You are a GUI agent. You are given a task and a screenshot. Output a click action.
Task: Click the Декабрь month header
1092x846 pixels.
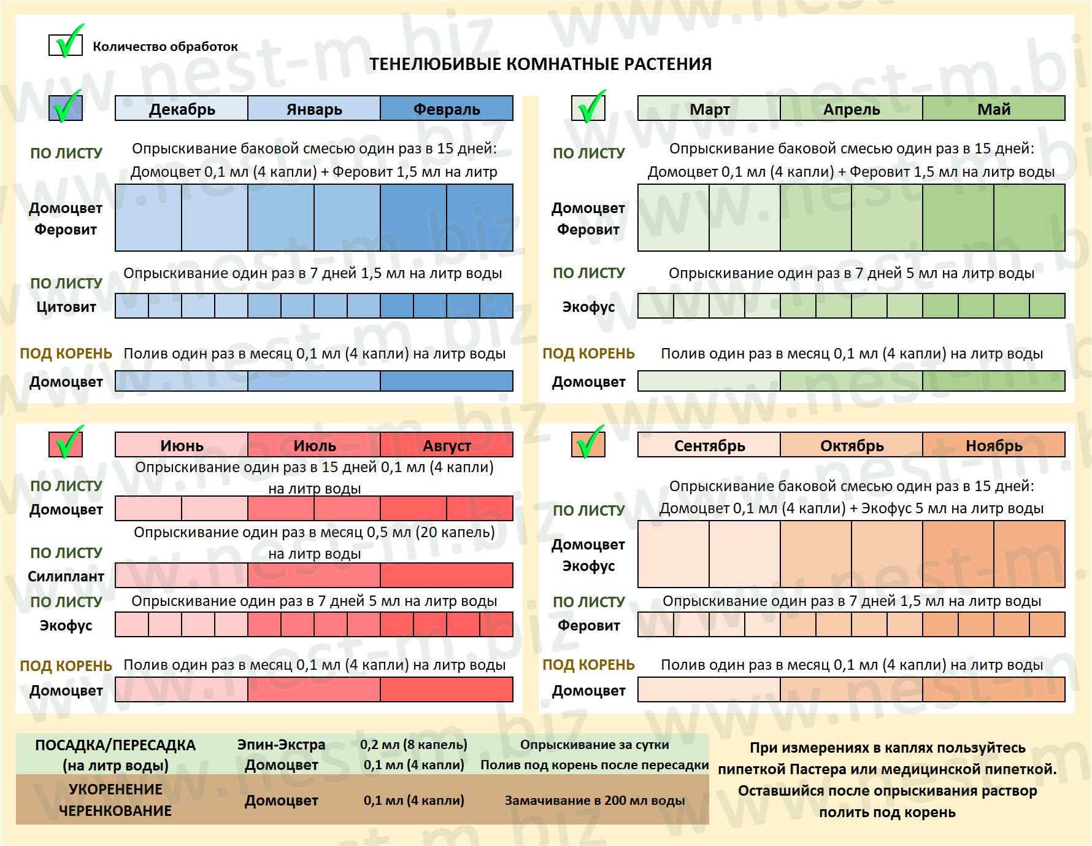(x=182, y=109)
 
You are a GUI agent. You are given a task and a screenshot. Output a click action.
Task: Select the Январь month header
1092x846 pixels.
(x=314, y=109)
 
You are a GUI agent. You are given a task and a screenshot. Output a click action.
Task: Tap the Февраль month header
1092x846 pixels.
(x=447, y=109)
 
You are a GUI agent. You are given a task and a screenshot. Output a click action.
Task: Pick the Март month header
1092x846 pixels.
(x=709, y=109)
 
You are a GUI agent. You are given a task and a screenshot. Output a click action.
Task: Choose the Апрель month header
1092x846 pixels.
(x=852, y=109)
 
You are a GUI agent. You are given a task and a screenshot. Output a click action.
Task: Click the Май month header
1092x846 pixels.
(x=994, y=109)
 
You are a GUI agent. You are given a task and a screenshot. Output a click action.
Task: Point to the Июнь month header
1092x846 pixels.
(x=182, y=444)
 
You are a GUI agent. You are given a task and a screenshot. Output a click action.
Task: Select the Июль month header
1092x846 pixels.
(x=314, y=444)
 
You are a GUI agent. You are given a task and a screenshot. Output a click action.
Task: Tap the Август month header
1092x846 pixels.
(x=447, y=444)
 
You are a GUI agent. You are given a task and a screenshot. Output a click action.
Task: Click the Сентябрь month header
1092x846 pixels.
(x=709, y=444)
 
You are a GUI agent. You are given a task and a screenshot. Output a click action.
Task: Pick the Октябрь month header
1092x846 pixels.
(x=852, y=444)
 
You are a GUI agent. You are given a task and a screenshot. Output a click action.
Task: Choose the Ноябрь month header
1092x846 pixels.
(x=994, y=444)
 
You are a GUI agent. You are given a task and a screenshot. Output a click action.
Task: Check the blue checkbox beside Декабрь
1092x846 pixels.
(x=66, y=107)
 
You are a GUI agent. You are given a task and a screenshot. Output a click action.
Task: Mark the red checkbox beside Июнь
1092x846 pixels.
(x=66, y=443)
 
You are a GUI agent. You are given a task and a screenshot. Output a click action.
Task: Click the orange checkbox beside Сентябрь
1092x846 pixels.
(x=588, y=443)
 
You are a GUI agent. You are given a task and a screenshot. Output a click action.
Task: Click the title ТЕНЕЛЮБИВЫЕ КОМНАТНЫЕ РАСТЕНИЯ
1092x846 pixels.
(x=540, y=64)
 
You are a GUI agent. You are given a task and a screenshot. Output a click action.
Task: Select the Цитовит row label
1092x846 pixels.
(x=66, y=306)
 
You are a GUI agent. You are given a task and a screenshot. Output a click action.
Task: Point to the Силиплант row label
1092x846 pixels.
(x=66, y=576)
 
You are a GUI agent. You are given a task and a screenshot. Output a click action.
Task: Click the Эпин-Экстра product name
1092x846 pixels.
(x=282, y=745)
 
